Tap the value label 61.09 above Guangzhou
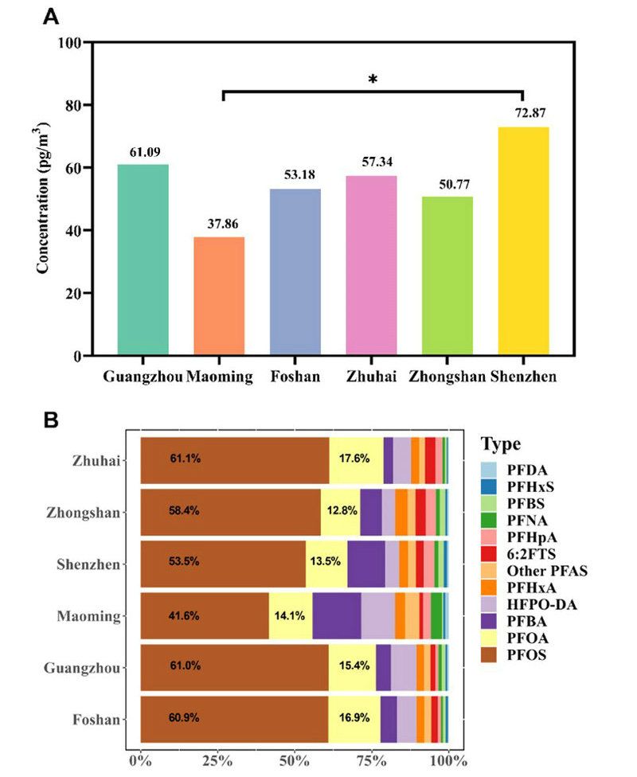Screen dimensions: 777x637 tap(143, 151)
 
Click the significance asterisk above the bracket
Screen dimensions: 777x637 tap(372, 80)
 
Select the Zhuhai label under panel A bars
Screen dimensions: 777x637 tap(371, 376)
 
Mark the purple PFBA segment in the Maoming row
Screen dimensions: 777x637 tap(336, 616)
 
